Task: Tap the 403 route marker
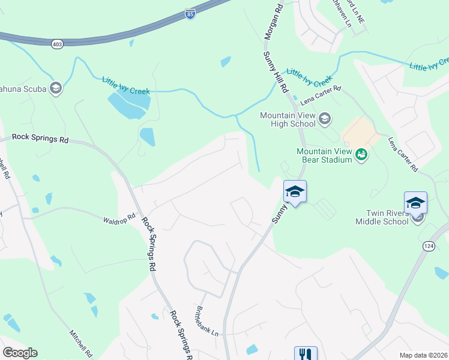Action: point(58,44)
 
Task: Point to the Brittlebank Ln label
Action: point(206,322)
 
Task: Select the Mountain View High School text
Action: point(287,119)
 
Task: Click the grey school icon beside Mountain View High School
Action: point(325,119)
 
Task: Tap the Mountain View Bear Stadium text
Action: point(324,155)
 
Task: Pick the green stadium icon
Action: point(361,155)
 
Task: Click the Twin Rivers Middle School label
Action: point(387,217)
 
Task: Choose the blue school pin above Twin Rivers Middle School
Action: point(415,203)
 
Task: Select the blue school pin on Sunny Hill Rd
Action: point(295,192)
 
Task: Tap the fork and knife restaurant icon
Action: point(305,354)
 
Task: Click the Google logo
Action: point(20,353)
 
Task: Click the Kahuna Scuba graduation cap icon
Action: point(56,89)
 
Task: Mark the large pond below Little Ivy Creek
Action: point(128,106)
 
